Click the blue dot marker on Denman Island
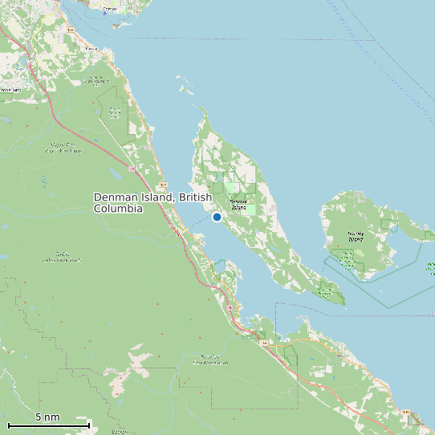pyautogui.click(x=217, y=217)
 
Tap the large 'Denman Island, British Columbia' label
pyautogui.click(x=152, y=202)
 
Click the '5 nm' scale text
pyautogui.click(x=47, y=417)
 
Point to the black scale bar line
pyautogui.click(x=48, y=425)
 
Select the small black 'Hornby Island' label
pyautogui.click(x=356, y=237)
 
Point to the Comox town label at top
pyautogui.click(x=110, y=8)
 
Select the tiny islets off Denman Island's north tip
pyautogui.click(x=187, y=88)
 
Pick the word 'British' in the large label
pyautogui.click(x=195, y=197)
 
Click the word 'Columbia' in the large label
pyautogui.click(x=118, y=209)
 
